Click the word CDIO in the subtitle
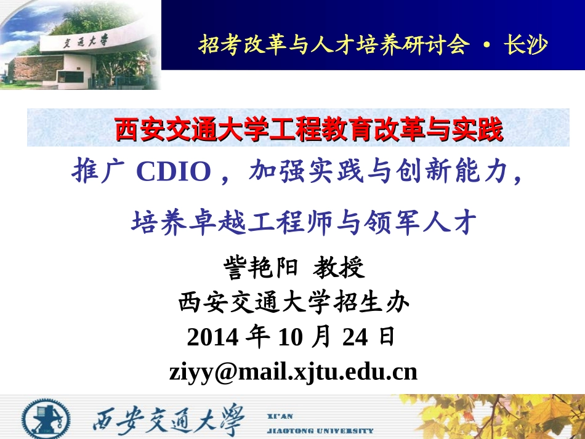[173, 173]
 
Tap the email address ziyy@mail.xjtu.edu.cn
[293, 371]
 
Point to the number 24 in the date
[355, 337]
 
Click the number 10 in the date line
[290, 337]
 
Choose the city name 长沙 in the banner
[525, 44]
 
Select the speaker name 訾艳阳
[261, 268]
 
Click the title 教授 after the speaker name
[339, 268]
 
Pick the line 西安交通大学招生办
[294, 303]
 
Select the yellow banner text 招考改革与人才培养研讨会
[333, 44]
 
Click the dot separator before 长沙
[486, 45]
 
